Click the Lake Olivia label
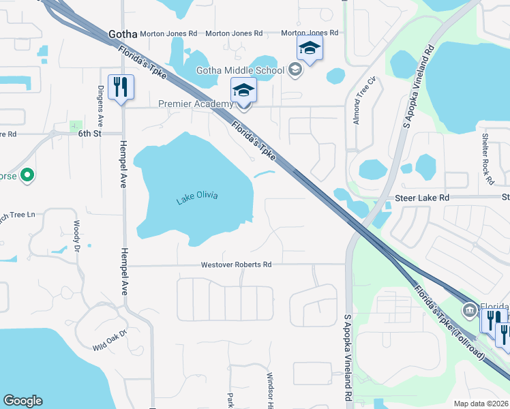point(197,198)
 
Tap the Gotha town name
point(123,33)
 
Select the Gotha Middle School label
point(240,70)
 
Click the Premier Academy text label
point(195,104)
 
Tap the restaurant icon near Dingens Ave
point(121,87)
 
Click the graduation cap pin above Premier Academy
point(243,91)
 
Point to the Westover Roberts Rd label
point(236,264)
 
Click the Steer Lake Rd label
point(423,198)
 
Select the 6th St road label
point(89,134)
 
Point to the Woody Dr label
point(76,233)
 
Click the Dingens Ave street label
point(100,108)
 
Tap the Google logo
point(22,401)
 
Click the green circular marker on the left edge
point(27,176)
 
